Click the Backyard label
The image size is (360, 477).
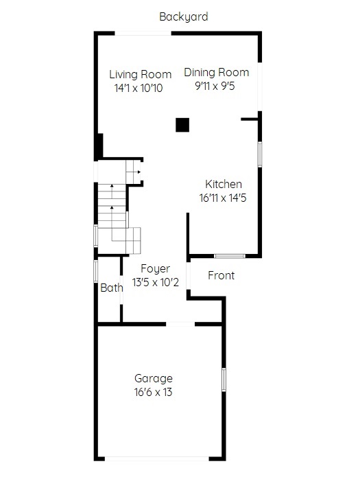183,16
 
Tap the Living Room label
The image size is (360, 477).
140,75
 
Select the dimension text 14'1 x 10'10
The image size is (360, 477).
139,89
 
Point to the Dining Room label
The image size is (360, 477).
217,72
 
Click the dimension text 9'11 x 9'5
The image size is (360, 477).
215,86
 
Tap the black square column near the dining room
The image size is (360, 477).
182,125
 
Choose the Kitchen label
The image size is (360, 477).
224,184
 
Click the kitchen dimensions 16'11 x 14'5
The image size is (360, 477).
223,198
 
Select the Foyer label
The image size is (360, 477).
156,269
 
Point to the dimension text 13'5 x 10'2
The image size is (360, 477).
156,283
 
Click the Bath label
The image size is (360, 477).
112,288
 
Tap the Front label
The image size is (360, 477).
221,276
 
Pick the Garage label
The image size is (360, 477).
154,379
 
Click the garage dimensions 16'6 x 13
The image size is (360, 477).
153,393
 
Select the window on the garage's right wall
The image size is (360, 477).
224,380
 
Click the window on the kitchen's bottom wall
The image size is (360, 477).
230,256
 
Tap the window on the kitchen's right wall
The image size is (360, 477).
260,154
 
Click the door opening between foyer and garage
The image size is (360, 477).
180,324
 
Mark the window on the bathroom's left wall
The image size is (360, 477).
96,271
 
